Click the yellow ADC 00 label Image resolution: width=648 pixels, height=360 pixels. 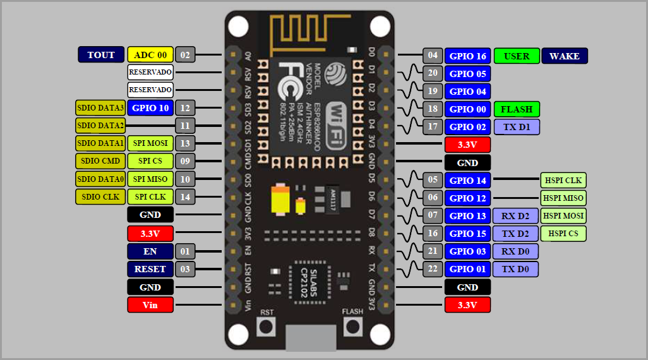click(x=150, y=55)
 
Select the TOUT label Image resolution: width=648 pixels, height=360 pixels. click(x=101, y=55)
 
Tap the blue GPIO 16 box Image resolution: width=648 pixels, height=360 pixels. click(x=467, y=56)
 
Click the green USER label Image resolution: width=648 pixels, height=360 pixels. click(x=517, y=56)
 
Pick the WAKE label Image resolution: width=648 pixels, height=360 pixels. click(x=565, y=56)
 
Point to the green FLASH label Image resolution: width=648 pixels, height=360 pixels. click(x=517, y=109)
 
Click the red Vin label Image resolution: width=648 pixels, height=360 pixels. click(x=150, y=305)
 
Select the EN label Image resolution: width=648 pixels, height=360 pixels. click(x=150, y=251)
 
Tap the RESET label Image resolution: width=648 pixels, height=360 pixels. click(x=150, y=269)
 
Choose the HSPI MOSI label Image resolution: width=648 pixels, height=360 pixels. click(x=563, y=215)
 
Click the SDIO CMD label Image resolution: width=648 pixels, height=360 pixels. click(x=100, y=161)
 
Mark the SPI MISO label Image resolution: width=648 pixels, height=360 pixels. click(x=150, y=179)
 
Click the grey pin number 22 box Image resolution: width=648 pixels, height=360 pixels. click(x=433, y=269)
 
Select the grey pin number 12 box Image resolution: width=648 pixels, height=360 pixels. click(x=185, y=108)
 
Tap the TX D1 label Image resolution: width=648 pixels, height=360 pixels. click(x=517, y=127)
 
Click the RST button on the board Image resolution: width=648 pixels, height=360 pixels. click(x=267, y=327)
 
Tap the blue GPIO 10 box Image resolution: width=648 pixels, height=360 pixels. click(x=150, y=108)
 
